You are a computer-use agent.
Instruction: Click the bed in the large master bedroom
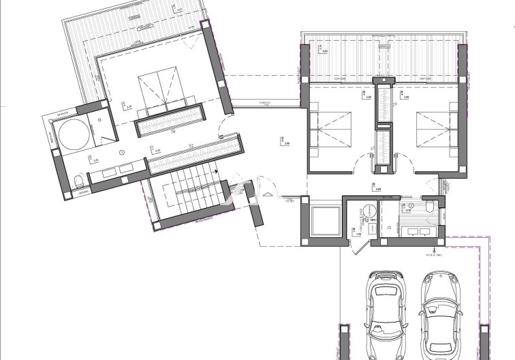pos(158,91)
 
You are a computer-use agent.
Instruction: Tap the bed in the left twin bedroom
pos(331,129)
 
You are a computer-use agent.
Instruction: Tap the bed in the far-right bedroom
pos(435,129)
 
